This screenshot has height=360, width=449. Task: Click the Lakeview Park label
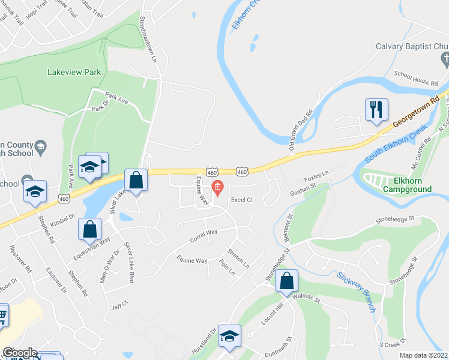pos(74,73)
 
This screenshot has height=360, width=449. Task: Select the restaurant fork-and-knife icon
pos(376,109)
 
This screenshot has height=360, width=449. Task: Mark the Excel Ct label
pos(243,200)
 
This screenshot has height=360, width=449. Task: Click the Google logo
pos(19,353)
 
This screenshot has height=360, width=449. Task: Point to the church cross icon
pos(445,59)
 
